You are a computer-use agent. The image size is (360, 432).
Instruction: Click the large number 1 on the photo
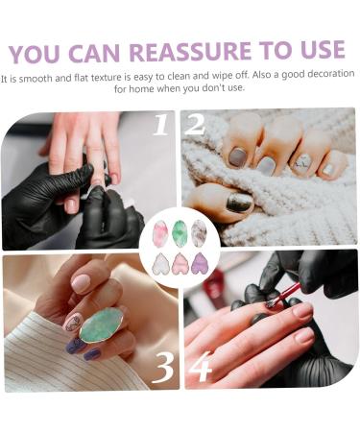coord(159,126)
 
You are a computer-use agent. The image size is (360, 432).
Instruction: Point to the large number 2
coord(195,126)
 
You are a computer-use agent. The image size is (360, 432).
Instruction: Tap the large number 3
coord(163,366)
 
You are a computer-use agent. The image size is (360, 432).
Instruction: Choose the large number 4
coord(199,366)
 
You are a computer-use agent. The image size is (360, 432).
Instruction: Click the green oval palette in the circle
coord(180,232)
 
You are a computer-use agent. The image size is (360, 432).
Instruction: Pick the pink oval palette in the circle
coord(159,232)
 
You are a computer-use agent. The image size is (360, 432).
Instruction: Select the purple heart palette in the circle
coord(200,262)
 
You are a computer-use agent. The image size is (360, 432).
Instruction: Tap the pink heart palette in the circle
coord(180,263)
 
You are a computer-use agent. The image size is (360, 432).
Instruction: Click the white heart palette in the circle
coord(160,262)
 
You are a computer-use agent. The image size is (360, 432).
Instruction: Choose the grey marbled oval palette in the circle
coord(200,232)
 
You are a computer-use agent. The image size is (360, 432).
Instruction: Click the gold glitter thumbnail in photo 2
coord(238,202)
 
